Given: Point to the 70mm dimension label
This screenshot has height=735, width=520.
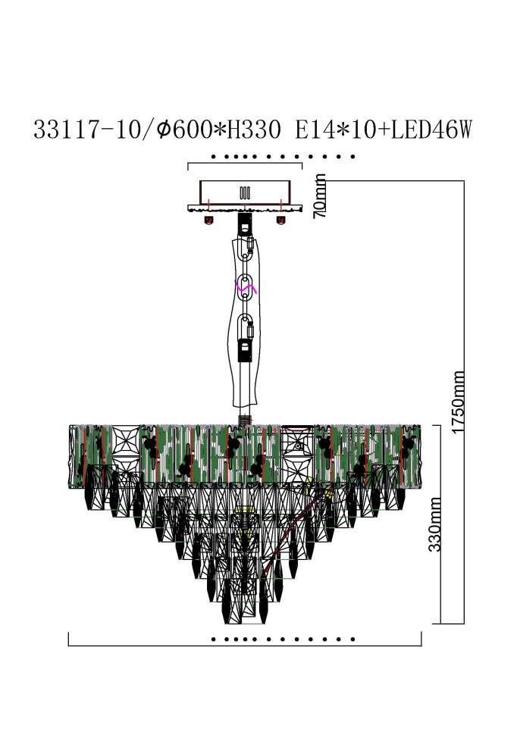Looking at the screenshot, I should coord(321,195).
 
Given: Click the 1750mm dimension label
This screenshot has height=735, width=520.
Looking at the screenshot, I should coord(458,402).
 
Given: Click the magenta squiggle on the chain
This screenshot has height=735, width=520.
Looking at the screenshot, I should coord(246,288).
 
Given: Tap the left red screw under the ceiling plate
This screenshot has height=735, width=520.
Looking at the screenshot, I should coord(208,220).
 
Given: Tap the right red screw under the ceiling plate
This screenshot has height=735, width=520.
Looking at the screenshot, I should coord(280,220).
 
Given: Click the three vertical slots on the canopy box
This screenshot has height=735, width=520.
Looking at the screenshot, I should coord(244,192).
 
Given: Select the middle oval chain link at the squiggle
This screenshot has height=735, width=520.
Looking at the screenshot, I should coord(245,289).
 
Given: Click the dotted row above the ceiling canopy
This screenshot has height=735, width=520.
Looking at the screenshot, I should coord(283,157).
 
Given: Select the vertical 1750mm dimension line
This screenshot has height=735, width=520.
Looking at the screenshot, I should coord(463,402).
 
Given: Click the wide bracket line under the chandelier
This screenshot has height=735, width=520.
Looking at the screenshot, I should coord(244,646).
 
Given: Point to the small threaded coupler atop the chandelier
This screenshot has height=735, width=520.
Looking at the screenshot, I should coord(244,418).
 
